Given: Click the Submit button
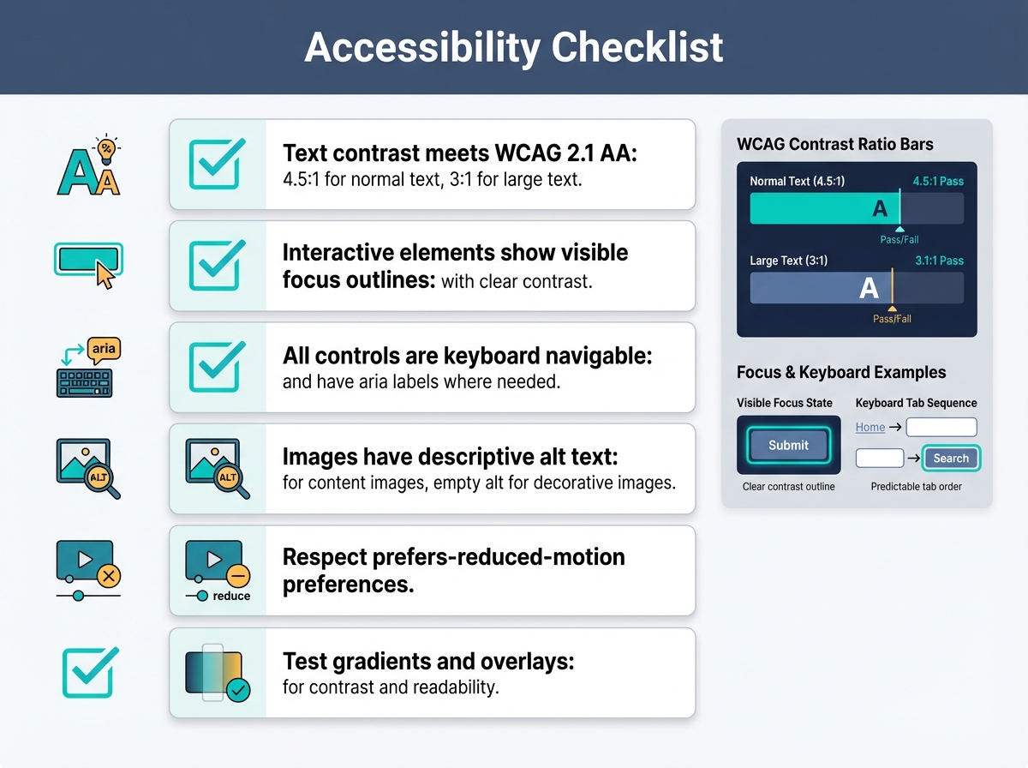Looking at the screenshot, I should pyautogui.click(x=788, y=445).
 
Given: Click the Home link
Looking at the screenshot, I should pyautogui.click(x=870, y=427).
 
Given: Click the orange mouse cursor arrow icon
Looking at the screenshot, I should pyautogui.click(x=105, y=275).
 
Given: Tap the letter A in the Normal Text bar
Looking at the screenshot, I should pyautogui.click(x=880, y=208).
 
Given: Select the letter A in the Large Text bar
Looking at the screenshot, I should pyautogui.click(x=869, y=288).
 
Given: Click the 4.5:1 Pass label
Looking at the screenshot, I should pyautogui.click(x=938, y=182).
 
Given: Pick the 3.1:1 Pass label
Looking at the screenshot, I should pyautogui.click(x=939, y=261).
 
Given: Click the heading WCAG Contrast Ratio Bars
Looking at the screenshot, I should pyautogui.click(x=834, y=144).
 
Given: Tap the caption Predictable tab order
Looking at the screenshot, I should pyautogui.click(x=916, y=487).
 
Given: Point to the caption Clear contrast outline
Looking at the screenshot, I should pyautogui.click(x=788, y=487).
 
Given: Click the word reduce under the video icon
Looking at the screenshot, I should pyautogui.click(x=231, y=596).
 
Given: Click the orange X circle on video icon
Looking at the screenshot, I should pyautogui.click(x=108, y=576).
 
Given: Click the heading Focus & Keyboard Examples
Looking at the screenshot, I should pyautogui.click(x=841, y=373).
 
